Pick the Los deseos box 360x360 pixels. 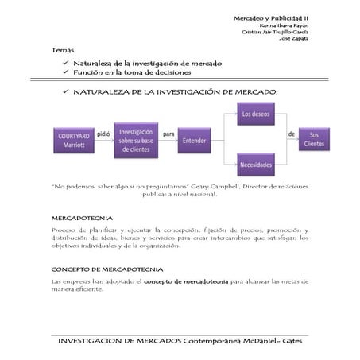pyautogui.click(x=256, y=115)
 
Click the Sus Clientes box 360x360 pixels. pyautogui.click(x=315, y=139)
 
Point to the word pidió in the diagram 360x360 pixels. pyautogui.click(x=103, y=134)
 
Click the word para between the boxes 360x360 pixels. pyautogui.click(x=168, y=134)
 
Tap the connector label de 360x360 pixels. pyautogui.click(x=291, y=134)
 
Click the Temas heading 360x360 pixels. pyautogui.click(x=62, y=50)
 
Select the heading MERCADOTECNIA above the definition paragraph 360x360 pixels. pyautogui.click(x=82, y=217)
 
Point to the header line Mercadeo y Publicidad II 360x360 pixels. pyautogui.click(x=271, y=17)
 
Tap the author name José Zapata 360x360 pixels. pyautogui.click(x=295, y=39)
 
